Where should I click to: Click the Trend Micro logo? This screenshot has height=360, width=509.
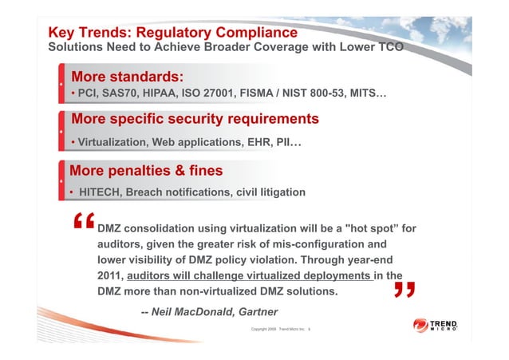436,327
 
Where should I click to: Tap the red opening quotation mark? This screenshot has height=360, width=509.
83,226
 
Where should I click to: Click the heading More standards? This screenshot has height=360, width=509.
128,77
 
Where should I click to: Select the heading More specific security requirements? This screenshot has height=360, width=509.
195,119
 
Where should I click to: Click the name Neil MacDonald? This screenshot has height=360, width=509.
191,311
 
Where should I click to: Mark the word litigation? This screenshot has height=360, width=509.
275,192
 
